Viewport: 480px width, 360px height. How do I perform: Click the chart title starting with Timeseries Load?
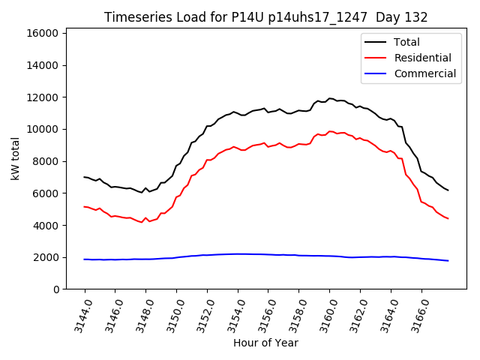point(265,17)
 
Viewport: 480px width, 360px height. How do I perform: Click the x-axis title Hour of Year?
point(265,343)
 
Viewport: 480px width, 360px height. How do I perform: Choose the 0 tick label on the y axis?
point(56,289)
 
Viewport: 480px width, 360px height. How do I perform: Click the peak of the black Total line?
point(329,98)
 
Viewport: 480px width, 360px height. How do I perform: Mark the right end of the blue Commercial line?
point(448,261)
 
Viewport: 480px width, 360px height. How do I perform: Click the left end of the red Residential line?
point(84,206)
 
